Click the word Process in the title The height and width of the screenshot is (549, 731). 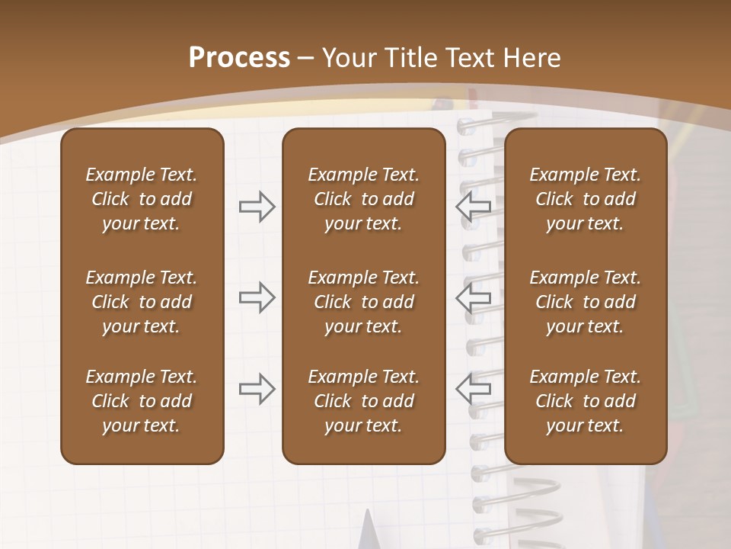239,58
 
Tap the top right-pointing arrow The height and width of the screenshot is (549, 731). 257,207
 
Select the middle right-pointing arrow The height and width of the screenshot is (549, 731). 257,297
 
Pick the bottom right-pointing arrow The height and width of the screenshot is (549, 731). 257,389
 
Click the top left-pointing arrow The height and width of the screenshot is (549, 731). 473,207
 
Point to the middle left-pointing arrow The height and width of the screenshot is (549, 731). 473,297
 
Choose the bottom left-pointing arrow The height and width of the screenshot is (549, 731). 473,389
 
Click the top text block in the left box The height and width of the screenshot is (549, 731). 142,199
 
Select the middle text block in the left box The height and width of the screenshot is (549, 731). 142,302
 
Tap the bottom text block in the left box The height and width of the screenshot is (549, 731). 142,401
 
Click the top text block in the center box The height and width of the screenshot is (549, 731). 363,199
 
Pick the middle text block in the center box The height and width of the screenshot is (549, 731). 363,302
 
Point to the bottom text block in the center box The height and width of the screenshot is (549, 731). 363,401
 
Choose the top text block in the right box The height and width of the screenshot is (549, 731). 585,199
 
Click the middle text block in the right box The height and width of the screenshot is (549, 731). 585,302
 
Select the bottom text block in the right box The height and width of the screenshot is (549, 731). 585,401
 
